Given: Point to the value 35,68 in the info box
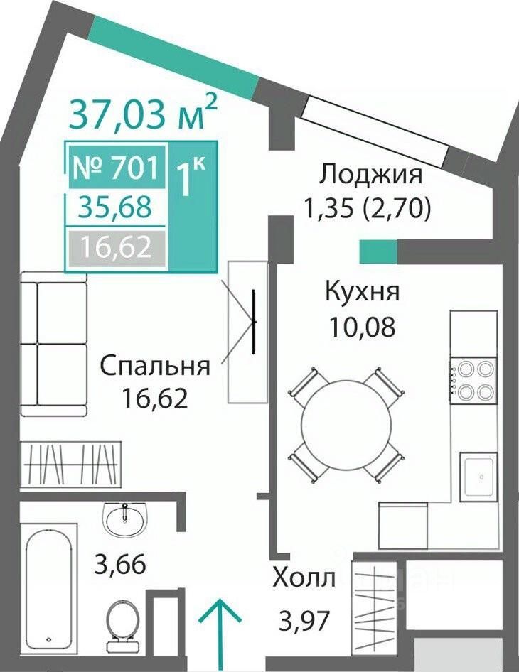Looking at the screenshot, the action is click(116, 207).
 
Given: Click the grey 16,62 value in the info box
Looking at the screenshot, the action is click(116, 247).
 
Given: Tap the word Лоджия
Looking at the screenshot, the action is click(371, 175).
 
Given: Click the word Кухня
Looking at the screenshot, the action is click(363, 292).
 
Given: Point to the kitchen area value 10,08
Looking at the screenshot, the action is click(362, 327).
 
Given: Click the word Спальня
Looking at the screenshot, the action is click(155, 367).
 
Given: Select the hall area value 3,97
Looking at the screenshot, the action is click(304, 621).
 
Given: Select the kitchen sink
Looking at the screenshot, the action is click(479, 477).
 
